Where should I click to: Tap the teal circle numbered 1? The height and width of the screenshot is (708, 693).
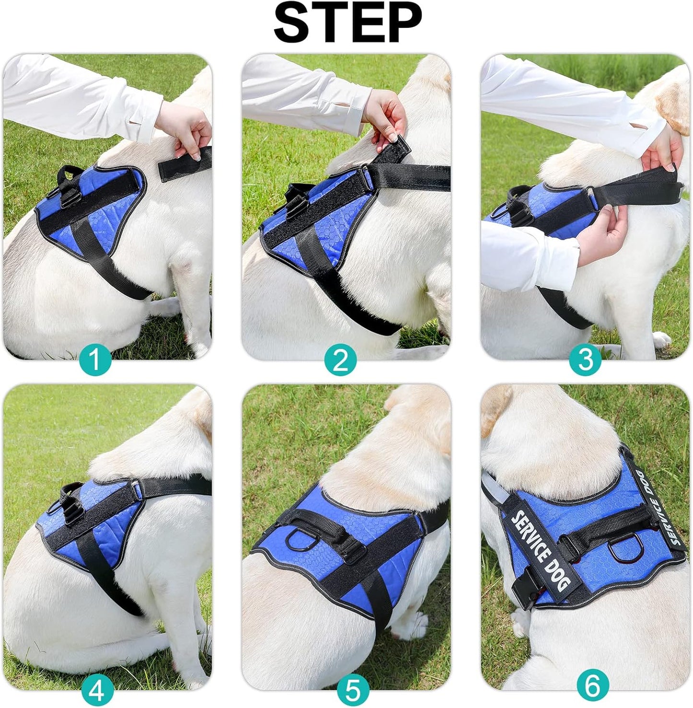[x=95, y=360]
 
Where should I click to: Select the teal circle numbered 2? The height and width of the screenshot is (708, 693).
[x=340, y=360]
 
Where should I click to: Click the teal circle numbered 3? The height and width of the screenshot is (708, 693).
[x=585, y=360]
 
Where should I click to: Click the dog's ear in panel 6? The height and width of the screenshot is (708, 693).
[x=494, y=408]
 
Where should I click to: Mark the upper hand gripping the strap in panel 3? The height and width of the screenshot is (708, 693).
[x=664, y=146]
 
